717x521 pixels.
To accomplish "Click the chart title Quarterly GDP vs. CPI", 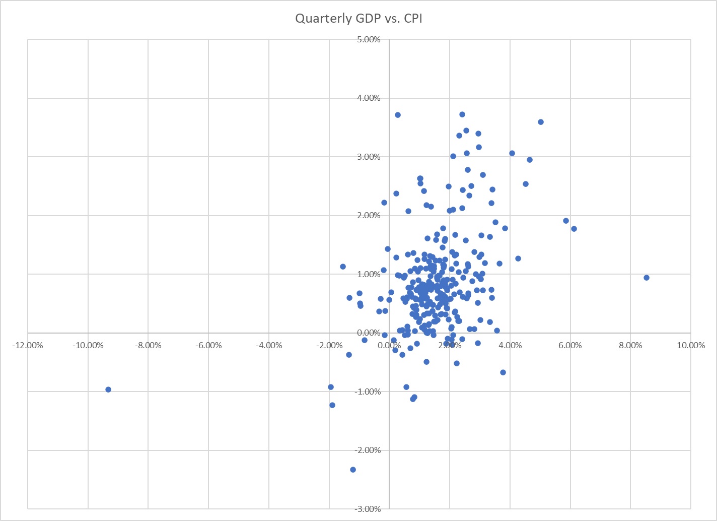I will [x=358, y=19].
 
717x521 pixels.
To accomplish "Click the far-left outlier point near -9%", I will [x=108, y=389].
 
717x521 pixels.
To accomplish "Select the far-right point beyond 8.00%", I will [x=647, y=278].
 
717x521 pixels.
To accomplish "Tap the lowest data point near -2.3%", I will [x=353, y=470].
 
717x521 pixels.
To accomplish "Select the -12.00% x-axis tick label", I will [x=28, y=346].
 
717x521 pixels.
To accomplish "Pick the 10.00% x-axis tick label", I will [x=691, y=346].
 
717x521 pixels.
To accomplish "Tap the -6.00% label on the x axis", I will [x=208, y=346].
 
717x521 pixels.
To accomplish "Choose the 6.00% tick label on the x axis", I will [x=570, y=346].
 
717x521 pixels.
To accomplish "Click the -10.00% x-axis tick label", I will [x=88, y=346].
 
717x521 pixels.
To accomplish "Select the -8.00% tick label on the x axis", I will [x=148, y=346].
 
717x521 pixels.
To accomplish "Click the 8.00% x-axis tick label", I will [x=630, y=346].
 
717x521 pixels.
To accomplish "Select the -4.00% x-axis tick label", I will [x=269, y=346].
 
